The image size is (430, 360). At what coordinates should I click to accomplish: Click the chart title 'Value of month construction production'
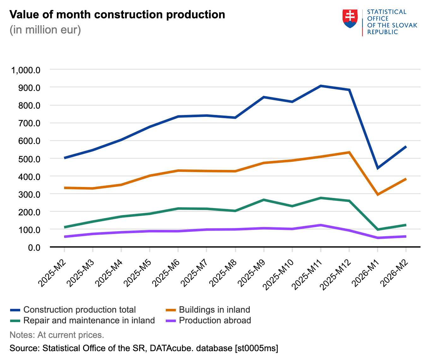click(117, 15)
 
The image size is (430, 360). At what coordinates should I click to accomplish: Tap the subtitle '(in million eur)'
click(45, 30)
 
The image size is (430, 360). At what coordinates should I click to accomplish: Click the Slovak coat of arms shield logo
click(350, 19)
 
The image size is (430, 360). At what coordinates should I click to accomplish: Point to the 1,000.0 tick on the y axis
click(26, 70)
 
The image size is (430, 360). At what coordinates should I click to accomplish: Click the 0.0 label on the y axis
click(34, 247)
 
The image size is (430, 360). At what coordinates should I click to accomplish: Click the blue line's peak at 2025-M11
click(320, 86)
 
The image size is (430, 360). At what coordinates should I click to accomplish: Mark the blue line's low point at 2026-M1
click(378, 168)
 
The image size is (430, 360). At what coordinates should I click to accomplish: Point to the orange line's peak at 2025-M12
click(349, 152)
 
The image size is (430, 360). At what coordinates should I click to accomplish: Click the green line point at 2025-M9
click(264, 200)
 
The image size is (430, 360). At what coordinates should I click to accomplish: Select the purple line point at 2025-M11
click(320, 225)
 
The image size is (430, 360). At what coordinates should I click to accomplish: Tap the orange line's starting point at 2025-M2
click(64, 188)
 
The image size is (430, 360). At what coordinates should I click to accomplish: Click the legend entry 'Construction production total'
click(80, 310)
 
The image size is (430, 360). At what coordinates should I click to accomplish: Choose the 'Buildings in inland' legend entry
click(214, 310)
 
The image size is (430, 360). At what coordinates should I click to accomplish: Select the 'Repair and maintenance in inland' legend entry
click(89, 321)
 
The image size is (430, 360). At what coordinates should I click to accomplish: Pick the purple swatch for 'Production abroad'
click(170, 321)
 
